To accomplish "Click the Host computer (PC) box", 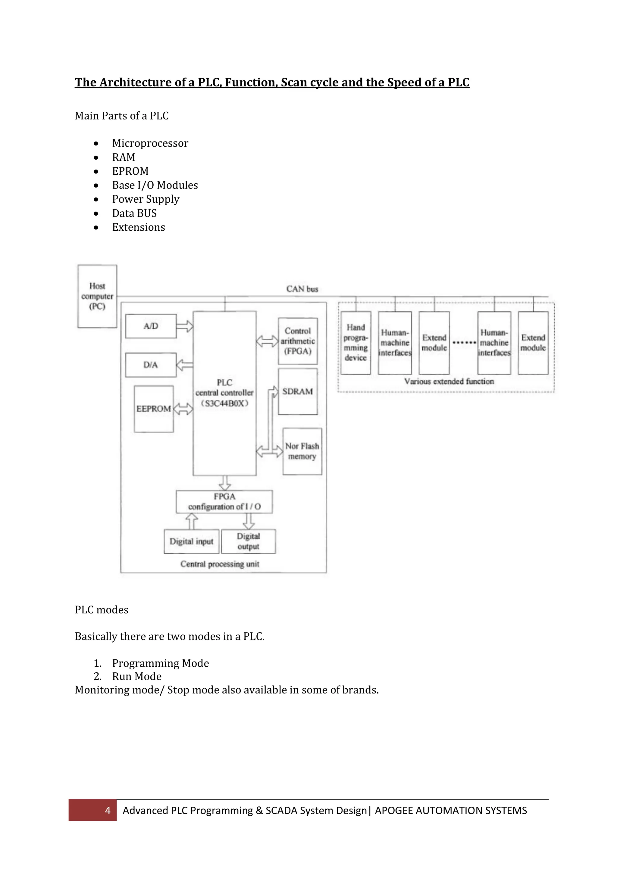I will (x=97, y=296).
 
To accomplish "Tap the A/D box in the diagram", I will (x=151, y=326).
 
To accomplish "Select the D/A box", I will (x=151, y=365).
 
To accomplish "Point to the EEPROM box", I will (x=154, y=409).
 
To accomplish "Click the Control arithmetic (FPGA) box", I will (x=298, y=341).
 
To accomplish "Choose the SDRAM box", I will (x=298, y=391).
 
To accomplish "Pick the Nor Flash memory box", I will (x=302, y=451).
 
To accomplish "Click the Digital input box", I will (x=192, y=542).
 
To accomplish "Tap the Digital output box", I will (x=249, y=542).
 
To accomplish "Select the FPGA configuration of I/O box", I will (x=224, y=502).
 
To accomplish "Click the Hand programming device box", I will (x=355, y=343).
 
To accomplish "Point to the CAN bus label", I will (x=302, y=289).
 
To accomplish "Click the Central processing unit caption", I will (x=220, y=564).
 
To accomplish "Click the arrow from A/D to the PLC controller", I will (x=185, y=326).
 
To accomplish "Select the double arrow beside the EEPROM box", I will (x=183, y=409).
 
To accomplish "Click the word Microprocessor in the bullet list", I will (x=150, y=143).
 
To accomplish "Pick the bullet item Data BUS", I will (x=134, y=213).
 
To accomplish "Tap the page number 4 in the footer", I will (x=108, y=811).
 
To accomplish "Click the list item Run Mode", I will (x=137, y=676).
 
